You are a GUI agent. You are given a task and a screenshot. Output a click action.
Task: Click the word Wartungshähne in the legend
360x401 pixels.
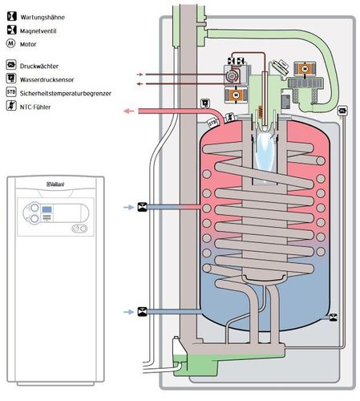pyautogui.click(x=42, y=18)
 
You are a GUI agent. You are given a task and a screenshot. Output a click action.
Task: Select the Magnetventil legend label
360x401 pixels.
pyautogui.click(x=38, y=31)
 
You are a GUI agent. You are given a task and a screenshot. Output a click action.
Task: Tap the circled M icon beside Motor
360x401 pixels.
pyautogui.click(x=10, y=43)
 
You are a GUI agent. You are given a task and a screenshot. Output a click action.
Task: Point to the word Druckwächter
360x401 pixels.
pyautogui.click(x=39, y=66)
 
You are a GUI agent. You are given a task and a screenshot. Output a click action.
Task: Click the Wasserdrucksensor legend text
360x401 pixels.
pyautogui.click(x=47, y=79)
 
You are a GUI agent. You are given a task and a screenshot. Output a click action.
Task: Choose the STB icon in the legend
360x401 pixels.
pyautogui.click(x=11, y=92)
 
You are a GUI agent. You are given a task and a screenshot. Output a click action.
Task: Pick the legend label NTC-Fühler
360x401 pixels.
pyautogui.click(x=35, y=107)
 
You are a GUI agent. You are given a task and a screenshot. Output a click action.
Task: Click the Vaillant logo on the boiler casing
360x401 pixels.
pyautogui.click(x=55, y=184)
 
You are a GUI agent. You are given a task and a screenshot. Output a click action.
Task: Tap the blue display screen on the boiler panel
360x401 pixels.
pyautogui.click(x=47, y=209)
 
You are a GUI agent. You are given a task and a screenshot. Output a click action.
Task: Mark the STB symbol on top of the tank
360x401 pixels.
pyautogui.click(x=212, y=123)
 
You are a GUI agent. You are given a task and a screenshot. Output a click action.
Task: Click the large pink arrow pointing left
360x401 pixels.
pyautogui.click(x=129, y=111)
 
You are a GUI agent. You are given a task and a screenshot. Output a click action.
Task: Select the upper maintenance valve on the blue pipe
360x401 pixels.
pyautogui.click(x=142, y=207)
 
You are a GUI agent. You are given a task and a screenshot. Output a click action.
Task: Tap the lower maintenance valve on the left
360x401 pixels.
pyautogui.click(x=142, y=312)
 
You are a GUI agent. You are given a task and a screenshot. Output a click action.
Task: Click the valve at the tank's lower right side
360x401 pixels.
pyautogui.click(x=334, y=318)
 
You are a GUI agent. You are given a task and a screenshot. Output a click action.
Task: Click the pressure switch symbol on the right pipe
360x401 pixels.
pyautogui.click(x=342, y=111)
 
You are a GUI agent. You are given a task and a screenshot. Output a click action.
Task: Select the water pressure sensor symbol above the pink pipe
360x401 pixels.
pyautogui.click(x=205, y=103)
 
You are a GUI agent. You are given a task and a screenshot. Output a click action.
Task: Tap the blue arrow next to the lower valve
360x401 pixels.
pyautogui.click(x=128, y=312)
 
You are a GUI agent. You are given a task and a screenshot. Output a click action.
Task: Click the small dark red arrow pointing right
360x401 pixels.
pyautogui.click(x=140, y=75)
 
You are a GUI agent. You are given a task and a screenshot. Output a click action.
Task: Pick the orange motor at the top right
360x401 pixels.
pyautogui.click(x=305, y=69)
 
